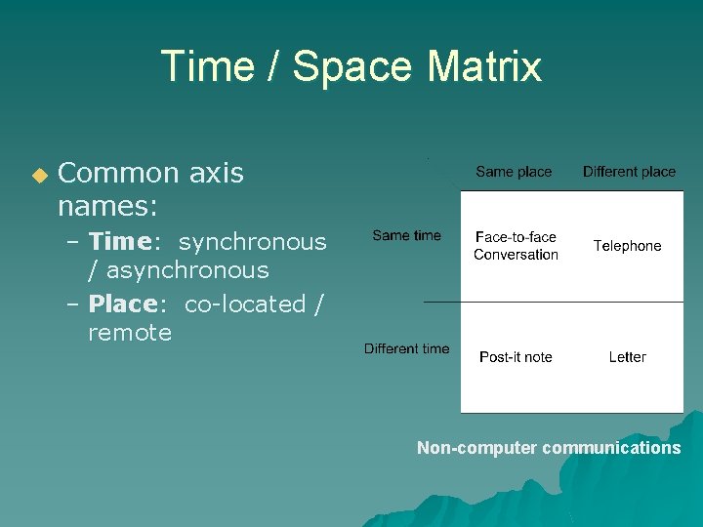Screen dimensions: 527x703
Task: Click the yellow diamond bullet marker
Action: [39, 176]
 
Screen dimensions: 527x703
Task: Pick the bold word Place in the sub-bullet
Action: [122, 304]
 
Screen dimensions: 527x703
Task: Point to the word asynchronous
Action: [187, 270]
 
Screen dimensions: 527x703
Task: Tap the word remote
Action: [130, 333]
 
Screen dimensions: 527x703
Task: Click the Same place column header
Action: [514, 172]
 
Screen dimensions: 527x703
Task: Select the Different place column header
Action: [629, 172]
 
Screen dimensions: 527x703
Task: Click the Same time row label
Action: [406, 235]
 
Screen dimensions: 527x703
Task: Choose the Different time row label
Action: [406, 348]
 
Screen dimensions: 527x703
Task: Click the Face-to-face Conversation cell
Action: [516, 246]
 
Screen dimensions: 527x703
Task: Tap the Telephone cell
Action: [627, 246]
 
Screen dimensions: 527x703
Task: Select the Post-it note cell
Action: [516, 357]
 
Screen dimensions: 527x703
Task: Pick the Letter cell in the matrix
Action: [627, 357]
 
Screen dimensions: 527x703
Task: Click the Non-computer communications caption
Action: [549, 448]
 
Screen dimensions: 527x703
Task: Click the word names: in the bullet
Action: [108, 207]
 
